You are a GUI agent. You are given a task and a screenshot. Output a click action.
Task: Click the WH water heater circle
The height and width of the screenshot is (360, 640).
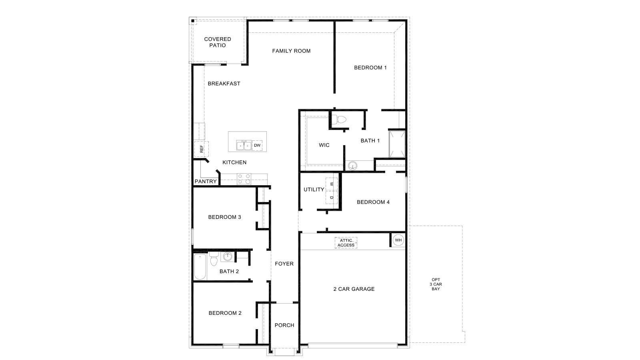398,240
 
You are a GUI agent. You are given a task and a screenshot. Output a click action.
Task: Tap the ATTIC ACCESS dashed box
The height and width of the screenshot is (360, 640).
346,243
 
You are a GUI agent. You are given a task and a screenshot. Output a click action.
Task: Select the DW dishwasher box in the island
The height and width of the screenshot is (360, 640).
257,146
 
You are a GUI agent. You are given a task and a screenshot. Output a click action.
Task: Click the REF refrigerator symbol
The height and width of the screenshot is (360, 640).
201,149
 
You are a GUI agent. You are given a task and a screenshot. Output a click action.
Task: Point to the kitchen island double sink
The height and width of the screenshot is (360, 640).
244,146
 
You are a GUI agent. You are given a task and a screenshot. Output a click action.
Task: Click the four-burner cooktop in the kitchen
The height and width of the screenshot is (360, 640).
244,179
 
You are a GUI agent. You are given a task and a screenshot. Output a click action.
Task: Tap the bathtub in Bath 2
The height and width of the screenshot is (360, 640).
200,267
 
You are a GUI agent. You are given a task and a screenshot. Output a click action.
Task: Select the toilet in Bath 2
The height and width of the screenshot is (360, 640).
214,260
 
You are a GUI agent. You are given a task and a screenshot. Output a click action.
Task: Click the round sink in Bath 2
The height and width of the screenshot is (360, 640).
228,256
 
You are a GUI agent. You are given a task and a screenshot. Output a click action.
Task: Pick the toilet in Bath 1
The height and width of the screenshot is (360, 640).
340,119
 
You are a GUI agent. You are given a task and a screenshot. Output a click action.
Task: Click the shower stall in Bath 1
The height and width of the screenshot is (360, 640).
397,144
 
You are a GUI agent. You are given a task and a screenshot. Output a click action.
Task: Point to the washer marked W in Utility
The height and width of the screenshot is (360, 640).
332,184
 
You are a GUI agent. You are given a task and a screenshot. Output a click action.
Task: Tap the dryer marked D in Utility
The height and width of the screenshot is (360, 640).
332,197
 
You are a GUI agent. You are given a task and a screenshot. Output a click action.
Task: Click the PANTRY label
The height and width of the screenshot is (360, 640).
206,182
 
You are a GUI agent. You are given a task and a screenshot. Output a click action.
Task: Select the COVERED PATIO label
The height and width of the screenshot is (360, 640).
218,42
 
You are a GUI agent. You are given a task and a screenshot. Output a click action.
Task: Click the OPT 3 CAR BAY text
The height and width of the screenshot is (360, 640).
436,284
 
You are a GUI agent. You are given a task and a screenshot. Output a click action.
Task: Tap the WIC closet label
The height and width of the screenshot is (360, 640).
324,145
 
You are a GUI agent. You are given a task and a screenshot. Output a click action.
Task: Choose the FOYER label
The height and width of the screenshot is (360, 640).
284,264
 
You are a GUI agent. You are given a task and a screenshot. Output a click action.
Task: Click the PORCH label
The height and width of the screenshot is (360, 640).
284,325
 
